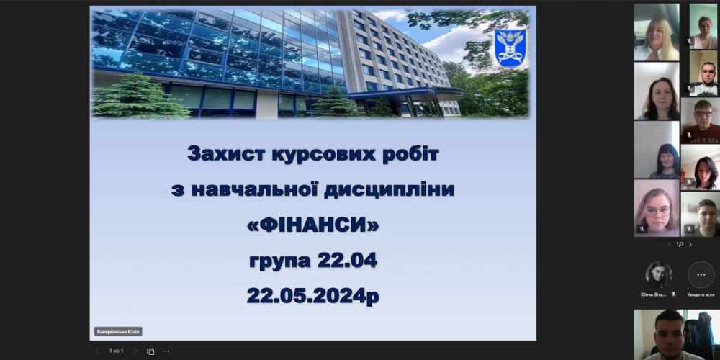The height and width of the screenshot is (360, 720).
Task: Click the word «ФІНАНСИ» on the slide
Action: pos(312,226)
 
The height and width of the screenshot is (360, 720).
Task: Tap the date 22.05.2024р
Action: pos(312,295)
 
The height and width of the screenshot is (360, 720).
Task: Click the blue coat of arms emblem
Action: pos(510,48)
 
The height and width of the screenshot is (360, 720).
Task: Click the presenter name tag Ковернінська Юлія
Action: pos(118,332)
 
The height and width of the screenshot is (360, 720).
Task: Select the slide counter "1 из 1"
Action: pos(116,351)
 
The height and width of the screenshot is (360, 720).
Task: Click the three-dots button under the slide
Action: pos(166,351)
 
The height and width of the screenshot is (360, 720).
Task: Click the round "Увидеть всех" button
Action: pos(701,275)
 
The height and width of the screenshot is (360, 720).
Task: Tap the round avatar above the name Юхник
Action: pos(659,275)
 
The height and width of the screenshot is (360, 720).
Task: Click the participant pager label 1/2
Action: pos(680,244)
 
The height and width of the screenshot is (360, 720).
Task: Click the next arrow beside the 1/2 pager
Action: pos(690,244)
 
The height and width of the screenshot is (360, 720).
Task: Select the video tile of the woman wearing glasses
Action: pos(656,208)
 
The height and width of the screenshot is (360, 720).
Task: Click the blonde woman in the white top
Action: pos(656,32)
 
